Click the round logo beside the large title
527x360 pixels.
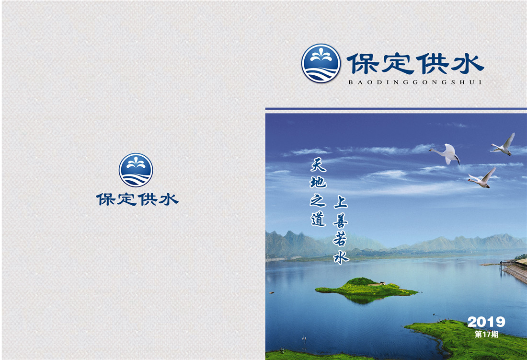point(321,63)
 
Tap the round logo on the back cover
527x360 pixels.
point(136,170)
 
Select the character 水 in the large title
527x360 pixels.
point(468,64)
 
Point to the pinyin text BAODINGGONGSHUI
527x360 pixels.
point(415,82)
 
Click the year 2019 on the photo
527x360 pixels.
point(486,322)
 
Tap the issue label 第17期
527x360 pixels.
point(486,334)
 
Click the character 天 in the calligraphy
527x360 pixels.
point(318,164)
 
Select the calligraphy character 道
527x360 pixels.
point(318,219)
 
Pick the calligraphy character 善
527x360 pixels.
point(341,220)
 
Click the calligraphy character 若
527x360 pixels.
point(340,238)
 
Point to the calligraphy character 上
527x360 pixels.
point(341,202)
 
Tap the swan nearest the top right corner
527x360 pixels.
point(504,145)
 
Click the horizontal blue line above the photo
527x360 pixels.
point(396,108)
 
